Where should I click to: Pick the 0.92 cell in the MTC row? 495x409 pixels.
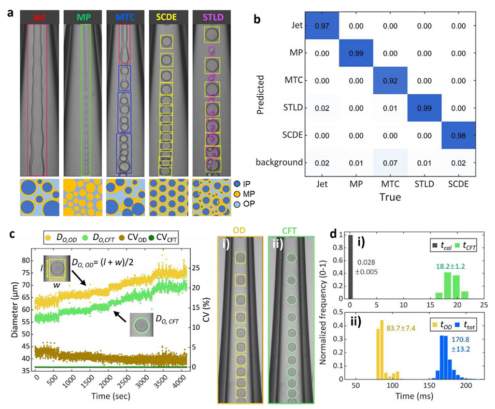tap(390, 80)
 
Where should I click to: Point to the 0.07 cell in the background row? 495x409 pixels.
tap(390, 163)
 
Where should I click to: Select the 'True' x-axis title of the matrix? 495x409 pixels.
tap(390, 197)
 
